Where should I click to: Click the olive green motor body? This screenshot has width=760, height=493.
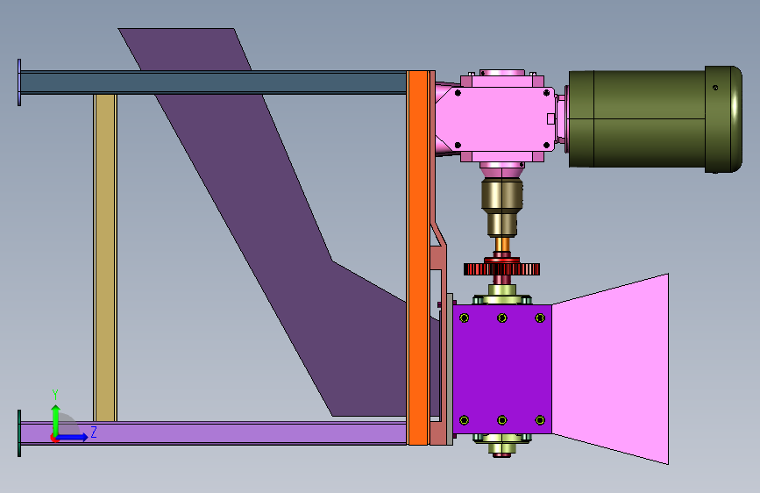coord(655,119)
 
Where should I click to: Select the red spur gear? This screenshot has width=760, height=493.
coord(501,268)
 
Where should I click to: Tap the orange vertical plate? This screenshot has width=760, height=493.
coord(418,258)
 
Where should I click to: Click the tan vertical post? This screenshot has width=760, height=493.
coord(105,257)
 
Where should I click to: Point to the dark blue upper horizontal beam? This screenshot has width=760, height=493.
coord(213,82)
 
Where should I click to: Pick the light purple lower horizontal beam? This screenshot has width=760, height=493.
coord(213,432)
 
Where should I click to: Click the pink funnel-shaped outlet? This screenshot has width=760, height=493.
coord(611,369)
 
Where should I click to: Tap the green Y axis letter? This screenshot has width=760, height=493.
coord(55,395)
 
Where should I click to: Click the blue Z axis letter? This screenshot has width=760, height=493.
coord(94,432)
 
